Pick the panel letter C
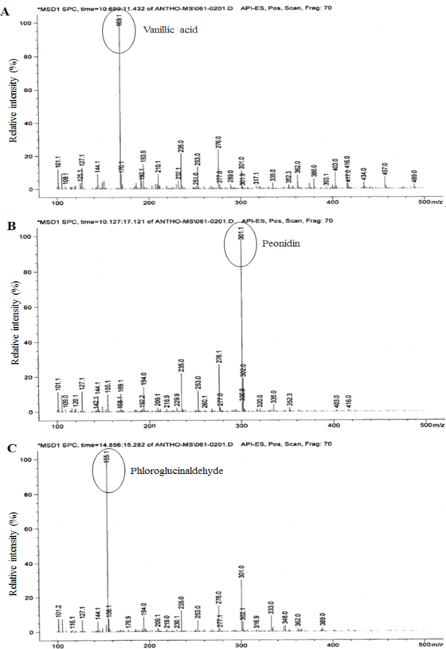[6, 447]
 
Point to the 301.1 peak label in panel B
[241, 235]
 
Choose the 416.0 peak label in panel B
[349, 400]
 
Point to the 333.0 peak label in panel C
[271, 606]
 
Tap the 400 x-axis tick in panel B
[334, 426]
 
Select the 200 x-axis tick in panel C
[150, 645]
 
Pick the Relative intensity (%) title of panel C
[13, 541]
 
